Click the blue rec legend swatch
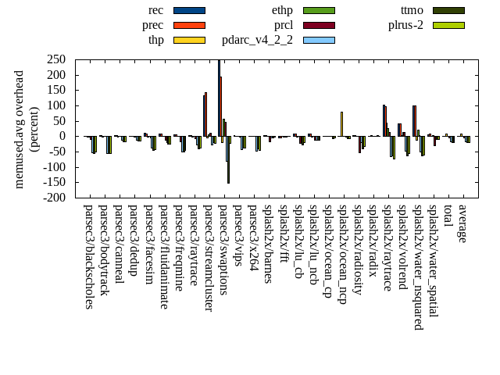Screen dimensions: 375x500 [189, 10]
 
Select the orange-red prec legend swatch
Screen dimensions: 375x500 [189, 25]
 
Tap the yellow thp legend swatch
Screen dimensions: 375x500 [189, 40]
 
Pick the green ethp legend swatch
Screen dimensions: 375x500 [319, 10]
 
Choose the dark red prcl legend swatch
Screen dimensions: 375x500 [319, 25]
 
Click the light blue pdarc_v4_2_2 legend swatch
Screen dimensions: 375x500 [319, 40]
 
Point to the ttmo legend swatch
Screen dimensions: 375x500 [448, 10]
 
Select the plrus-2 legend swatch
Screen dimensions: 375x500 [448, 25]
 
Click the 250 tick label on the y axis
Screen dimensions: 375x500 [55, 59]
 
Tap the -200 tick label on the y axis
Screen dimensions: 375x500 [53, 198]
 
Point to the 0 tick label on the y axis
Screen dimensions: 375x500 [62, 136]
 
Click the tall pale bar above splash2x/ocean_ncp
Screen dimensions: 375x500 [341, 124]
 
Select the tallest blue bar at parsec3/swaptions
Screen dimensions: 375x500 [219, 98]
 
